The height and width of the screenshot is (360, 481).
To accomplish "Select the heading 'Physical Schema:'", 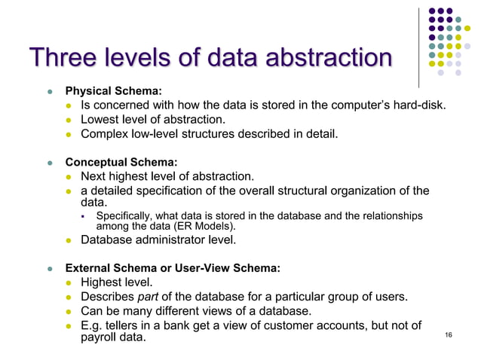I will [113, 91].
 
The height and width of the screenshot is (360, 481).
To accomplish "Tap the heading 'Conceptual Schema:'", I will [121, 162].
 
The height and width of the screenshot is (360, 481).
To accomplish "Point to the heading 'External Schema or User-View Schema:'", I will [173, 267].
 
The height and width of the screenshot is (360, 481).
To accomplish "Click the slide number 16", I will [449, 334].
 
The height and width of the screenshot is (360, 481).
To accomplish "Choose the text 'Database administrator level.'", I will [158, 240].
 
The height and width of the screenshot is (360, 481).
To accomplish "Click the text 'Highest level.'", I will [117, 282].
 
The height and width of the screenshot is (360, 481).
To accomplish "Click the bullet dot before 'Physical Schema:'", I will [50, 92].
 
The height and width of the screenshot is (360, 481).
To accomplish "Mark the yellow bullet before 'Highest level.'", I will [69, 283].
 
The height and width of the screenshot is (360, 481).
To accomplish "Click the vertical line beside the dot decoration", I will [418, 45].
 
